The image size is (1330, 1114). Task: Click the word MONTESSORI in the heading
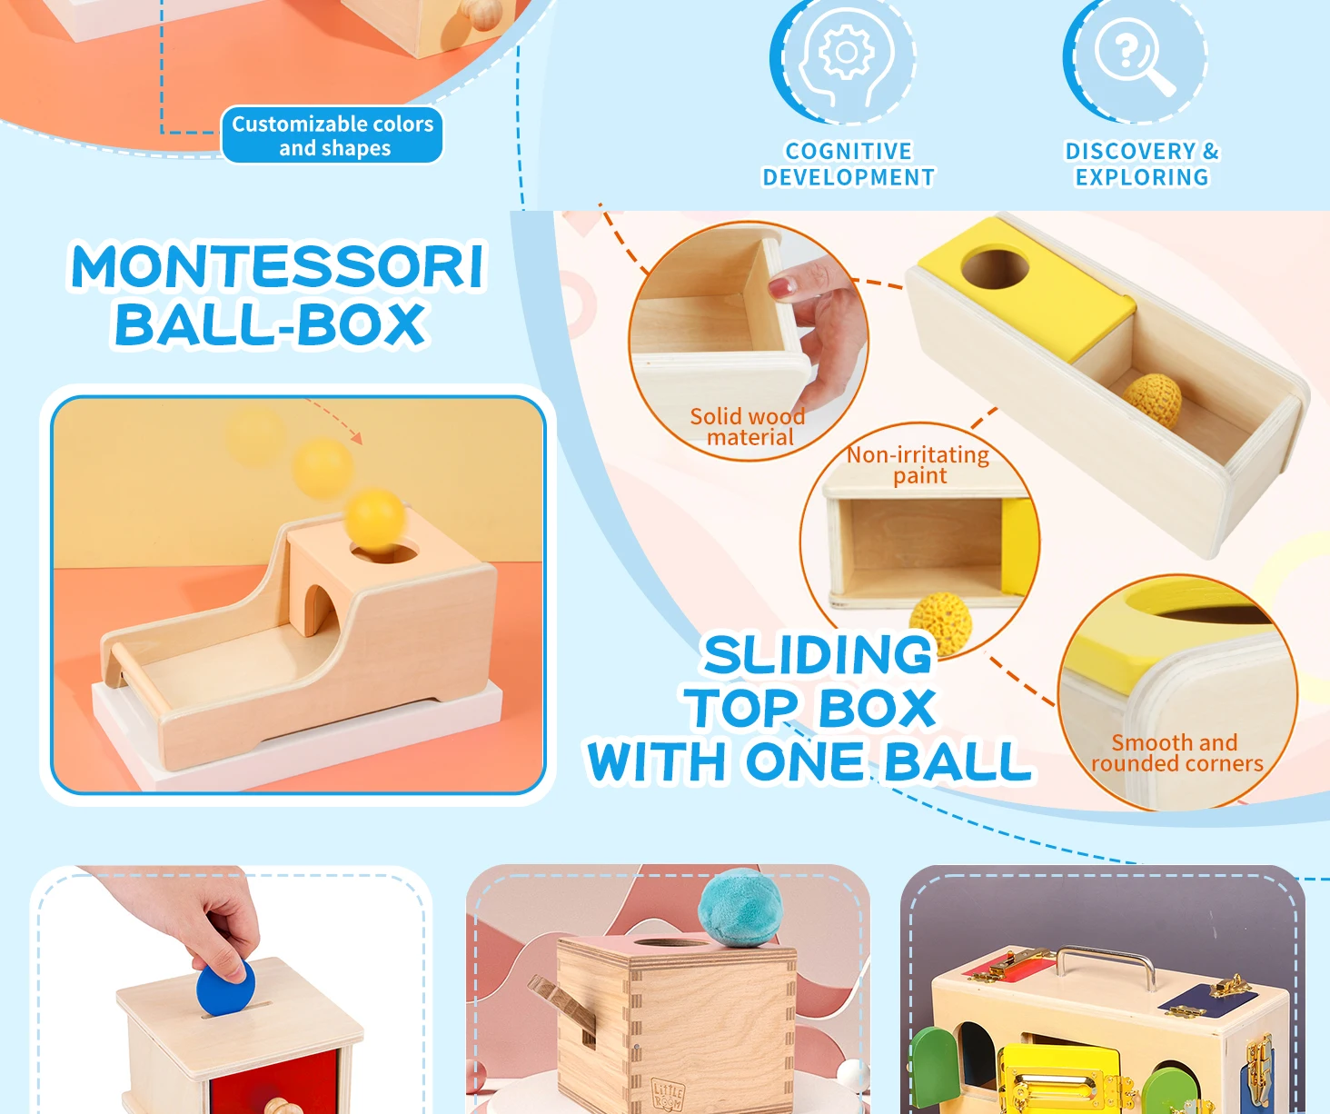[277, 267]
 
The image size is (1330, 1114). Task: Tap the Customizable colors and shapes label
[332, 135]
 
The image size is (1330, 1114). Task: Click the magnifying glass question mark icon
[1134, 56]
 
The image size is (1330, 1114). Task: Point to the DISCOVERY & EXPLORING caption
[1142, 164]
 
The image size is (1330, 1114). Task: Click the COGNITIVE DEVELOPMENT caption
[849, 164]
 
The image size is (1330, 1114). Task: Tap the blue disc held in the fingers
[224, 990]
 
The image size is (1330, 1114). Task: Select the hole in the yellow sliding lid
[996, 268]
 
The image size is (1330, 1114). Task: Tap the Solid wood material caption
[748, 427]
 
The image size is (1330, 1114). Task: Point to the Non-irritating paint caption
[918, 464]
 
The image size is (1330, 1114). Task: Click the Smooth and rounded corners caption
[1176, 753]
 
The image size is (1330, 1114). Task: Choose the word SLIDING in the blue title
[818, 655]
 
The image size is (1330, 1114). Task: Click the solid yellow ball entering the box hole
[374, 519]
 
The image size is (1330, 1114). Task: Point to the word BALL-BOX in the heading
[271, 324]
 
